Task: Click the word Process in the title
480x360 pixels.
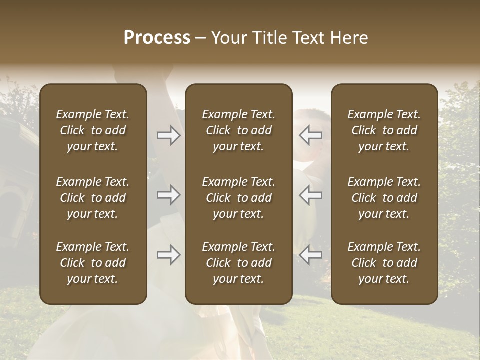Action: click(x=157, y=38)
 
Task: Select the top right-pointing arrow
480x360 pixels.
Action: click(x=168, y=135)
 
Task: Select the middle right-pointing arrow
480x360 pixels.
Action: click(x=168, y=195)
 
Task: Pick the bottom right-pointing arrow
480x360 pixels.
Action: click(x=168, y=255)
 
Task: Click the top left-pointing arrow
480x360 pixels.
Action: click(x=311, y=135)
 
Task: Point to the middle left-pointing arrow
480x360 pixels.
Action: click(x=311, y=195)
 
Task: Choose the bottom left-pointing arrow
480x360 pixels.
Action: click(x=311, y=255)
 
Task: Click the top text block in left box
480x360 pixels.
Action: click(x=93, y=130)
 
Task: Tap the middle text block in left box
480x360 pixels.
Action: click(x=93, y=198)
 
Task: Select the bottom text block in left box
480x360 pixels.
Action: click(x=93, y=263)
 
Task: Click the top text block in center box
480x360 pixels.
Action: click(x=238, y=130)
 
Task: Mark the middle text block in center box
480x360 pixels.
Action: click(x=238, y=198)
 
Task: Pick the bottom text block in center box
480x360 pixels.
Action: click(x=238, y=263)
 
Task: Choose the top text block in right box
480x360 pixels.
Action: click(x=384, y=130)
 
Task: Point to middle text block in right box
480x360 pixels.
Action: click(x=384, y=198)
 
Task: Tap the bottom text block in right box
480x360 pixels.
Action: click(x=384, y=263)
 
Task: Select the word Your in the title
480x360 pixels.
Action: click(x=230, y=38)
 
